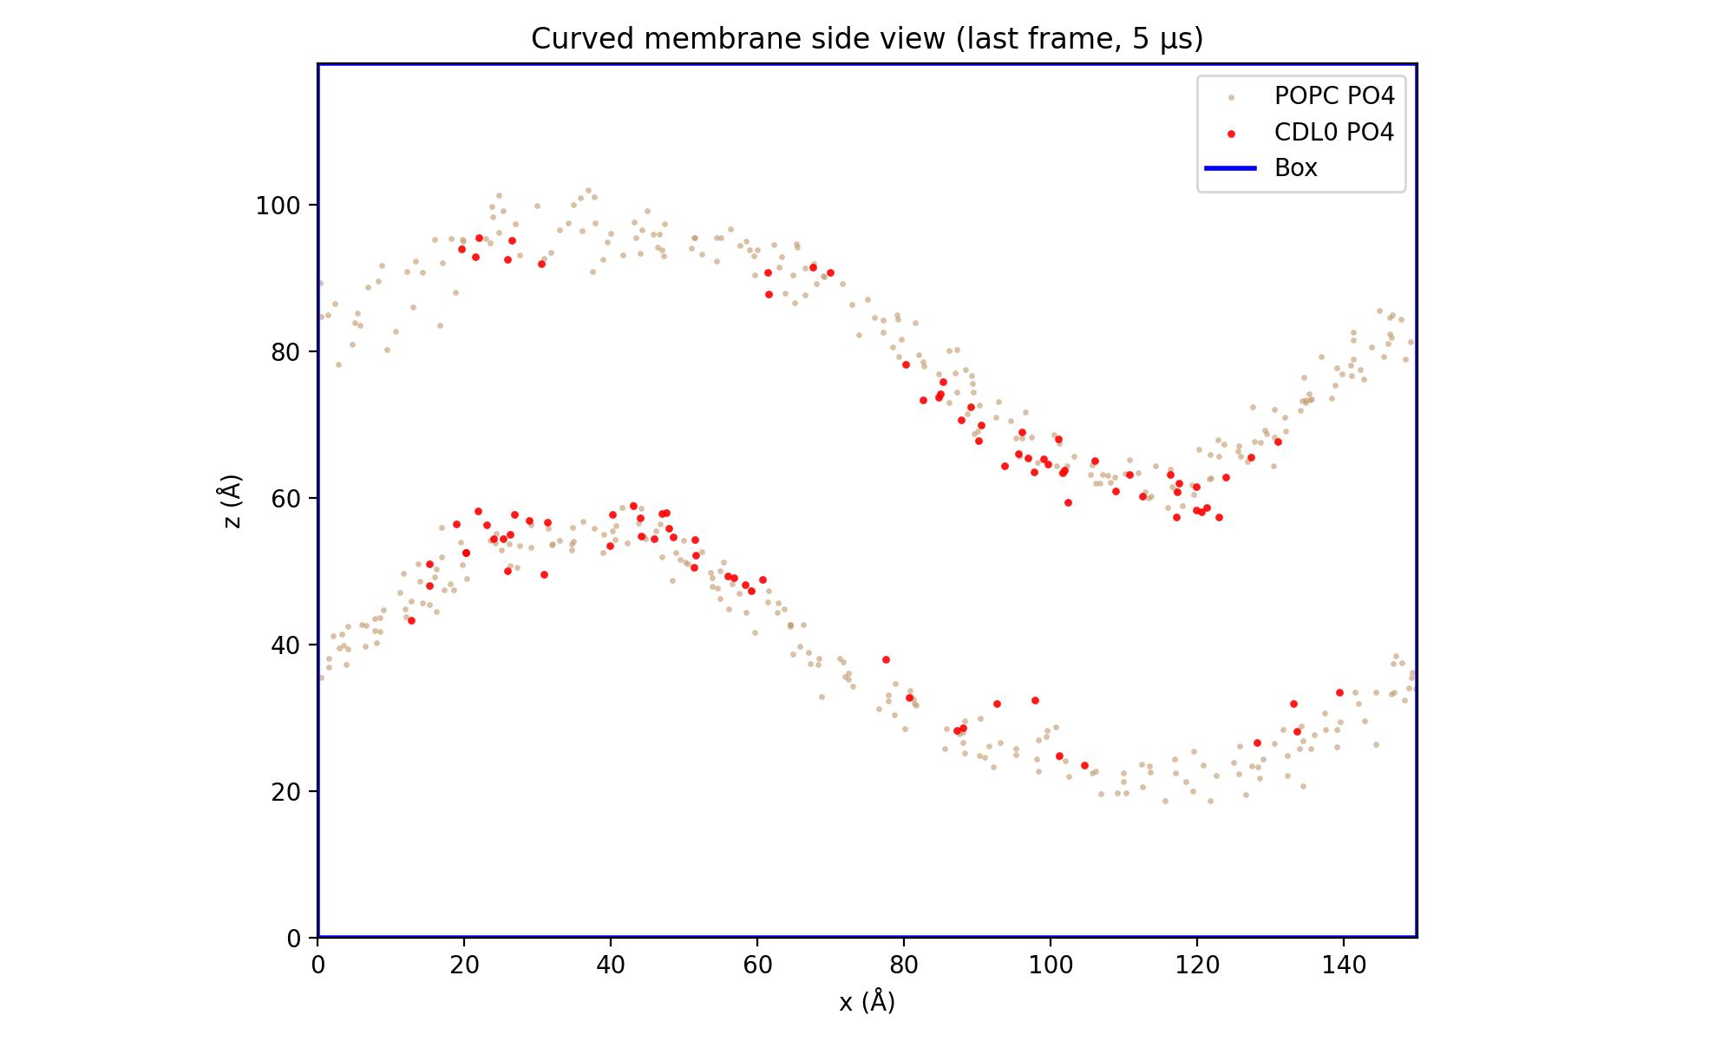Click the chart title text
(867, 39)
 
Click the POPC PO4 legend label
(1333, 95)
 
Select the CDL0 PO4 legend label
(1333, 132)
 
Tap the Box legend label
(1295, 168)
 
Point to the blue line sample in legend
(1230, 168)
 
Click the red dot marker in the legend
(1230, 134)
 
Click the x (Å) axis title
(867, 1003)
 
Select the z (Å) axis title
(232, 501)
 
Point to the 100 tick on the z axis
(276, 206)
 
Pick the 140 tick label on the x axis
(1344, 965)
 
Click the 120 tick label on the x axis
(1197, 965)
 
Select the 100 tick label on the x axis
(1051, 965)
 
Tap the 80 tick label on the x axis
(904, 965)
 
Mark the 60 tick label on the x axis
(757, 965)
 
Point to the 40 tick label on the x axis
(611, 965)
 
